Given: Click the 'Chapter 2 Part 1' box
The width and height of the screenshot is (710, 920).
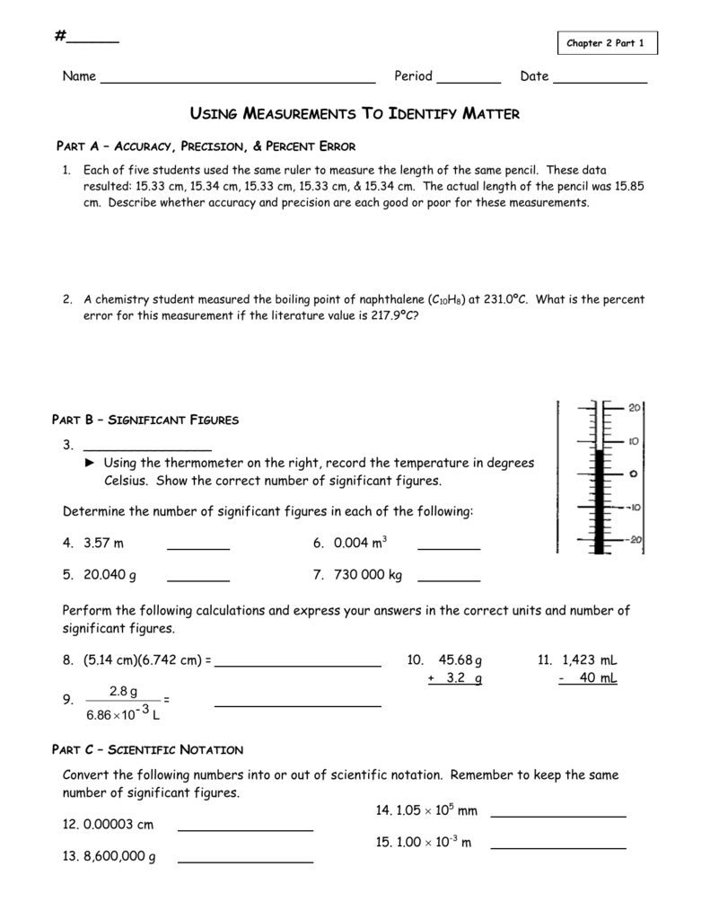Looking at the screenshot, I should point(607,44).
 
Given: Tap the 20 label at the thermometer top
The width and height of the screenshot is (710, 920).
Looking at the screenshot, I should point(634,408).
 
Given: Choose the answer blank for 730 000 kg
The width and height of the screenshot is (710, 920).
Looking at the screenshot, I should point(449,579).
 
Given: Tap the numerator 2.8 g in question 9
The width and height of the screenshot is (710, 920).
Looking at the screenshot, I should point(123,692).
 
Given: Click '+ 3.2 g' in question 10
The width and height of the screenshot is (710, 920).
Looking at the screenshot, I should point(455,678).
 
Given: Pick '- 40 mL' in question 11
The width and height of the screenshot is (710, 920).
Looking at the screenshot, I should point(587,678).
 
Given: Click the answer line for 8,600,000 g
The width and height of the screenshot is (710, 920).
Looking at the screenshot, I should point(246,861).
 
